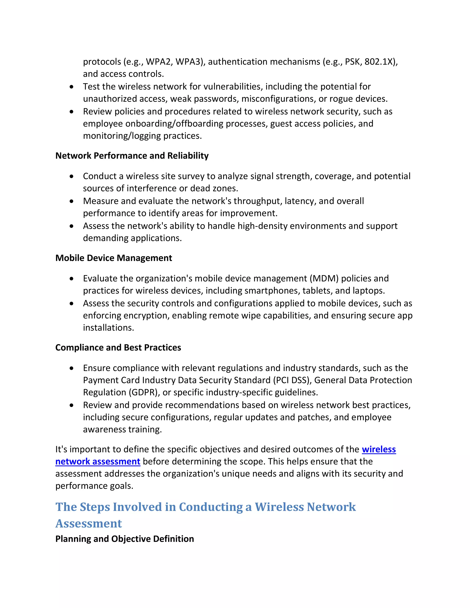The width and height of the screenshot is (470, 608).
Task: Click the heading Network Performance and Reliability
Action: point(132,156)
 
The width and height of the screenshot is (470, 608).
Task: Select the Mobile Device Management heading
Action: point(114,258)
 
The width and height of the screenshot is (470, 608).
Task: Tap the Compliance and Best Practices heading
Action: point(118,347)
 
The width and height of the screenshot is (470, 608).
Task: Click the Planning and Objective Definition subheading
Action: point(124,539)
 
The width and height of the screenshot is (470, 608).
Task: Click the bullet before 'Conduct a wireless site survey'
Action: point(72,176)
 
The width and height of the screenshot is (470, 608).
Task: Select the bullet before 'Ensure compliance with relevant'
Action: point(72,368)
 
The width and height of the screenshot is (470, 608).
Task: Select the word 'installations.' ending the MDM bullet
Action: point(108,328)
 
